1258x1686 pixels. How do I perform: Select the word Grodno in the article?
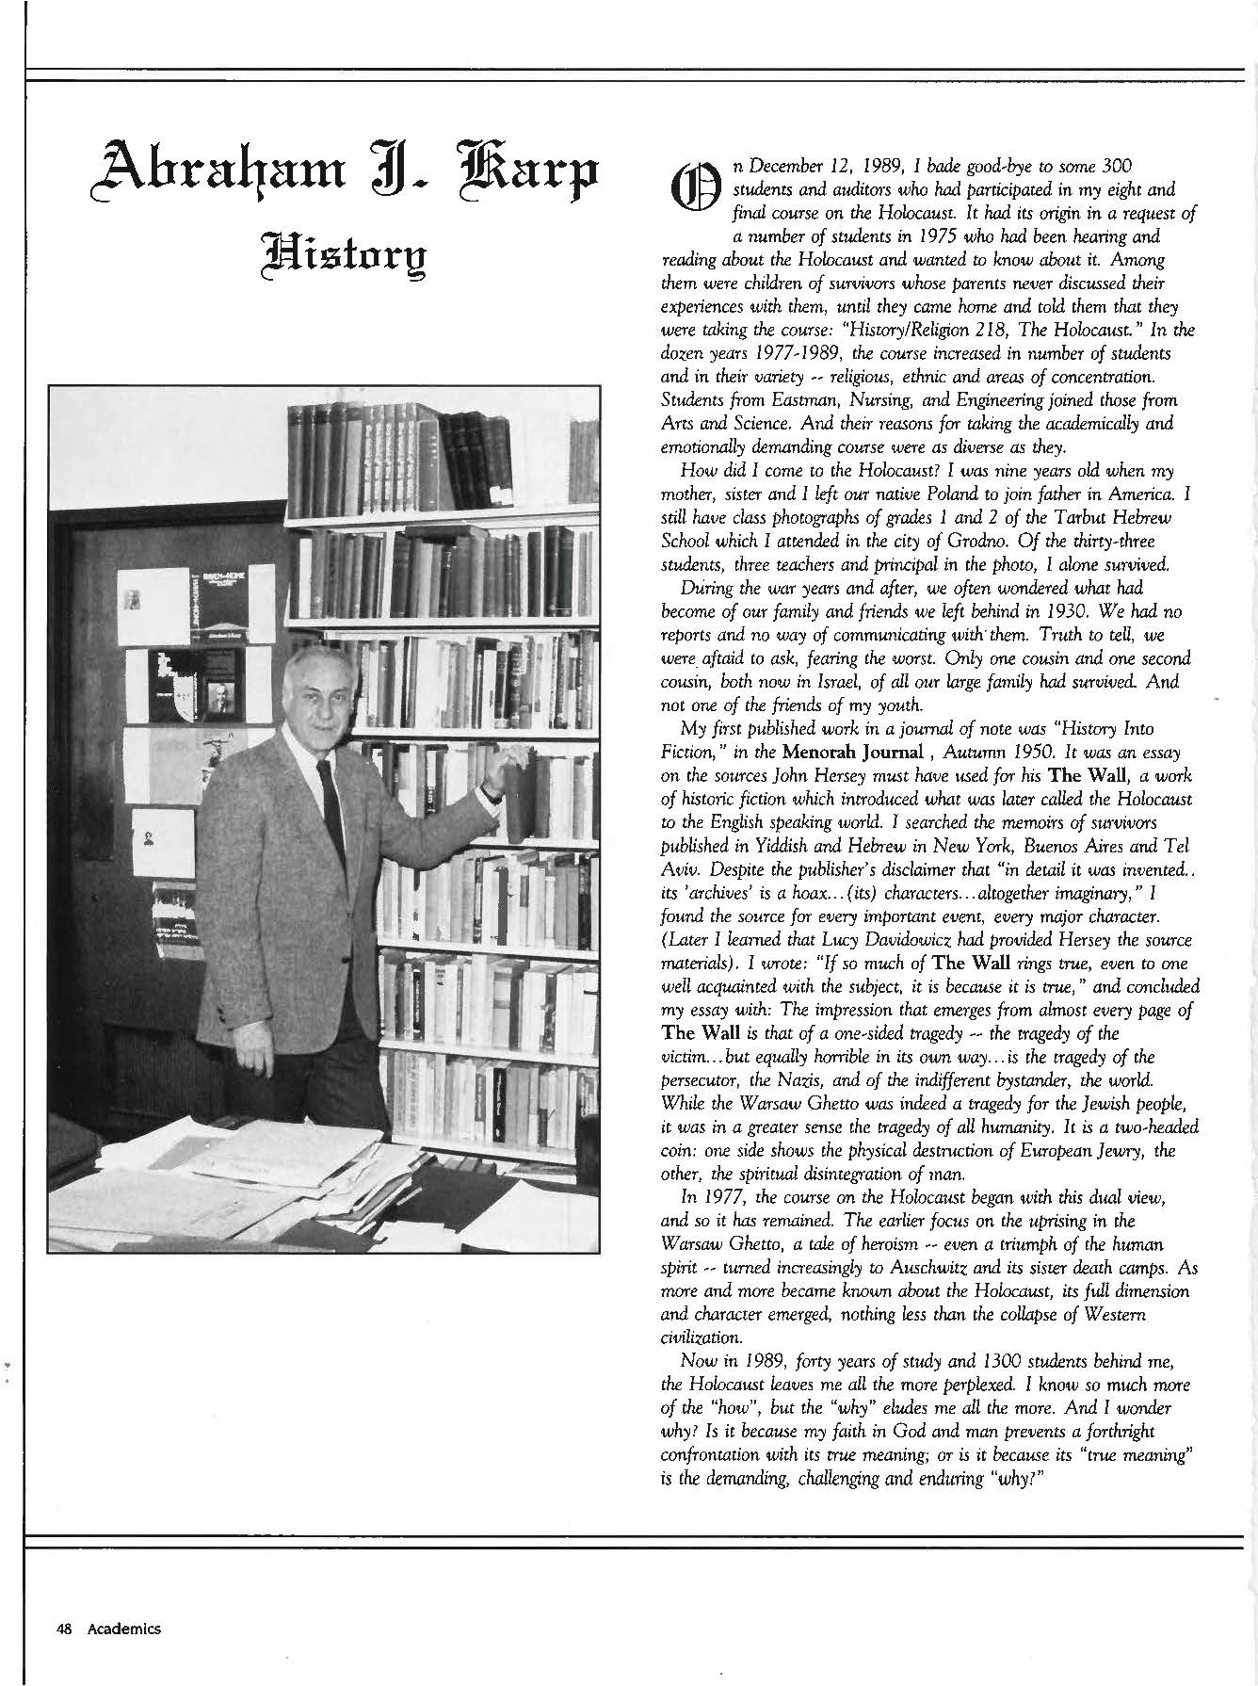pyautogui.click(x=955, y=542)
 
